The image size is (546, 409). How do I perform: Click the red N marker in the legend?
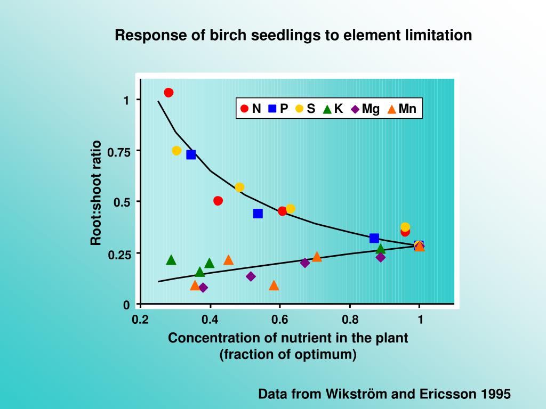[245, 109]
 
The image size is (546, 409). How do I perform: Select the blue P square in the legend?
[272, 109]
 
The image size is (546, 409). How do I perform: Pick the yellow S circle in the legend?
[300, 109]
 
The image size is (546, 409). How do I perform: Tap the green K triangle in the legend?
[327, 109]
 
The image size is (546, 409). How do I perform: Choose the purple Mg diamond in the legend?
[355, 109]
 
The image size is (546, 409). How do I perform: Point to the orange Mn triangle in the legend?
[392, 109]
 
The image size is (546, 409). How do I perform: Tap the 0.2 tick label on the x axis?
[140, 320]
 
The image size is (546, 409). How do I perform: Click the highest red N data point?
[168, 93]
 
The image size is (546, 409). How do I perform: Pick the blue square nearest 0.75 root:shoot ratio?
[191, 155]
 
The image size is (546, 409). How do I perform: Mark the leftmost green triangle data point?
[171, 260]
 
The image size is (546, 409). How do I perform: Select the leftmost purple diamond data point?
[203, 288]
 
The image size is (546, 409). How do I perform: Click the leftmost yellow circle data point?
[176, 151]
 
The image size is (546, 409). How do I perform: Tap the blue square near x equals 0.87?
[374, 238]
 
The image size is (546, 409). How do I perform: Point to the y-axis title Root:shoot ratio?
[96, 193]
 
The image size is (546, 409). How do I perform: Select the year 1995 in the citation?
[496, 394]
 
